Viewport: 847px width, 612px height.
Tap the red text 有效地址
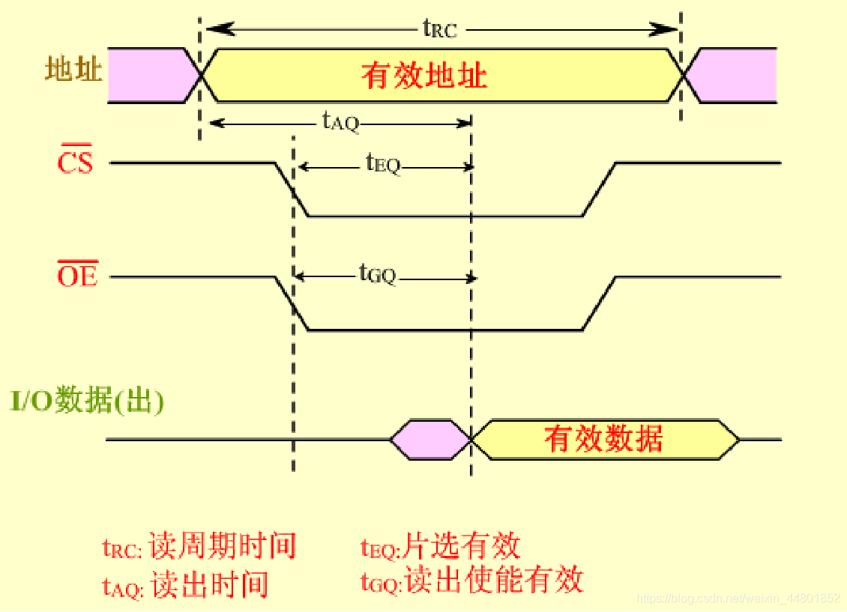[x=424, y=76]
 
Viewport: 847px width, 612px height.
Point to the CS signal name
[x=76, y=163]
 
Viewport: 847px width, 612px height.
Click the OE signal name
[x=77, y=276]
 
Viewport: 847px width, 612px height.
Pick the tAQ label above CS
[x=341, y=121]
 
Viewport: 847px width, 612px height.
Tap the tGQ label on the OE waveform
[x=377, y=274]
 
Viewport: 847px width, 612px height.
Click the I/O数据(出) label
[x=87, y=402]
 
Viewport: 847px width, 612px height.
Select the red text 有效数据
[x=603, y=439]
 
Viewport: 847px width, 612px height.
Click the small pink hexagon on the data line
[x=429, y=440]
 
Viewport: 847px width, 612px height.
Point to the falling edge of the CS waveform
[x=292, y=190]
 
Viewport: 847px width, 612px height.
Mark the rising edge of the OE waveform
[x=600, y=303]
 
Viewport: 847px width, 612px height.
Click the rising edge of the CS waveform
[x=600, y=190]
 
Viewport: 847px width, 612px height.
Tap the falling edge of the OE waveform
[x=292, y=303]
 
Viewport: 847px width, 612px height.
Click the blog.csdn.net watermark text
[x=738, y=599]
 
